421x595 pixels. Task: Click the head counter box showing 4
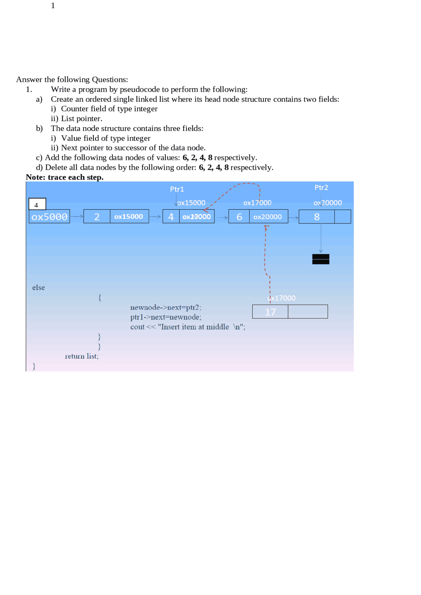(x=37, y=204)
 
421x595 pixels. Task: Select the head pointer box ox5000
(x=49, y=217)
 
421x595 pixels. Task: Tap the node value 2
(x=97, y=217)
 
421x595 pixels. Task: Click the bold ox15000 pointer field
(x=129, y=217)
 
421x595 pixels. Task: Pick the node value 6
(x=239, y=217)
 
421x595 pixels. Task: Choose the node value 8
(x=316, y=217)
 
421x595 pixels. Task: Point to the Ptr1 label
(x=177, y=189)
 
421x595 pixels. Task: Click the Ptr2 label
(x=321, y=188)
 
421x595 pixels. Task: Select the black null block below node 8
(x=321, y=259)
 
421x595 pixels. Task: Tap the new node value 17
(x=270, y=312)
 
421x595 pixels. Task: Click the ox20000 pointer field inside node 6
(x=268, y=217)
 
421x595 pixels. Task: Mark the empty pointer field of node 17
(x=308, y=312)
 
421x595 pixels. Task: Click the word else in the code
(x=38, y=288)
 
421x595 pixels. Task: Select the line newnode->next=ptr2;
(x=165, y=308)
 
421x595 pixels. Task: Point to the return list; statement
(x=82, y=356)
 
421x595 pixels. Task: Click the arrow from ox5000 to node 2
(x=77, y=217)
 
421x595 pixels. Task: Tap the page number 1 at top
(x=53, y=6)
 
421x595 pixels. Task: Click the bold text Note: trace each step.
(x=64, y=177)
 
